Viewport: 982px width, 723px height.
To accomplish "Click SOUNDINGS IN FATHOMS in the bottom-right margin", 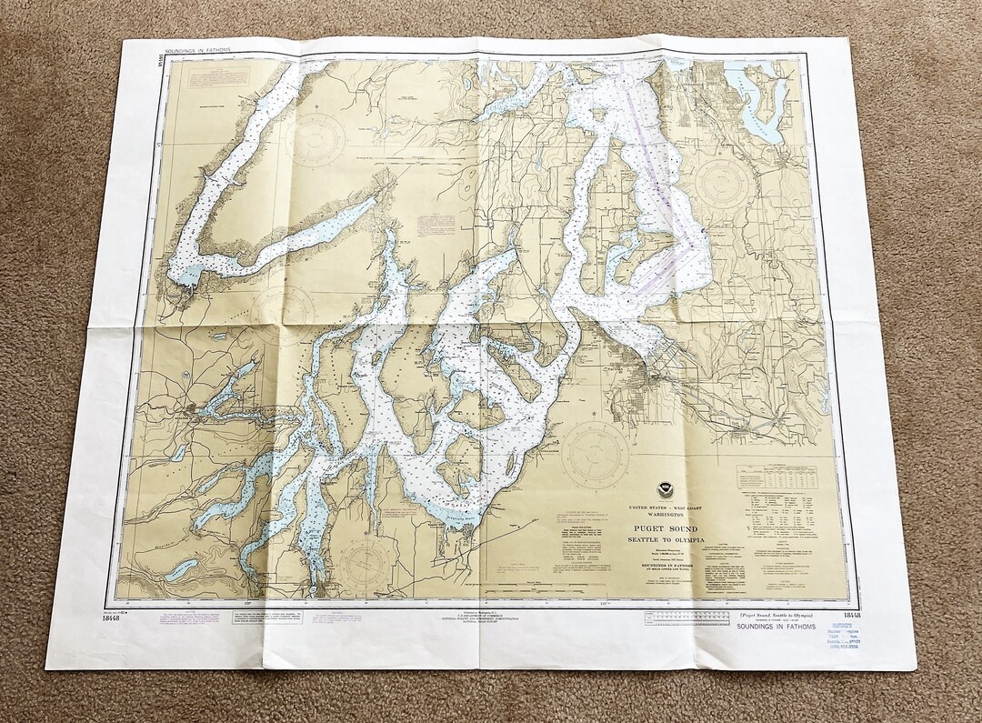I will (776, 627).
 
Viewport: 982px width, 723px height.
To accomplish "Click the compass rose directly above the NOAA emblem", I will (595, 452).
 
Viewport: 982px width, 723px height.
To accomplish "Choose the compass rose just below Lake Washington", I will (721, 184).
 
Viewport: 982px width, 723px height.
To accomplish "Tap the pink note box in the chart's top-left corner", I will (216, 79).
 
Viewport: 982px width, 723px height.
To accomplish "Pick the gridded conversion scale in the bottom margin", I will (686, 618).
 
